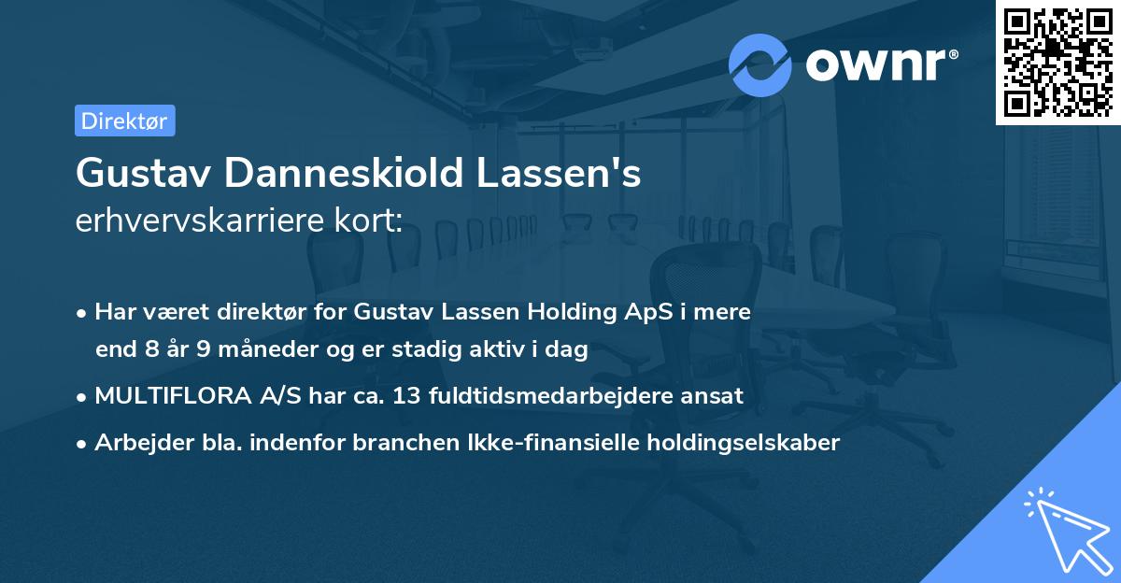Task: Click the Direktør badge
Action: pos(124,121)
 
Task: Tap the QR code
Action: pos(1056,62)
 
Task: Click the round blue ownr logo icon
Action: pos(760,65)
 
